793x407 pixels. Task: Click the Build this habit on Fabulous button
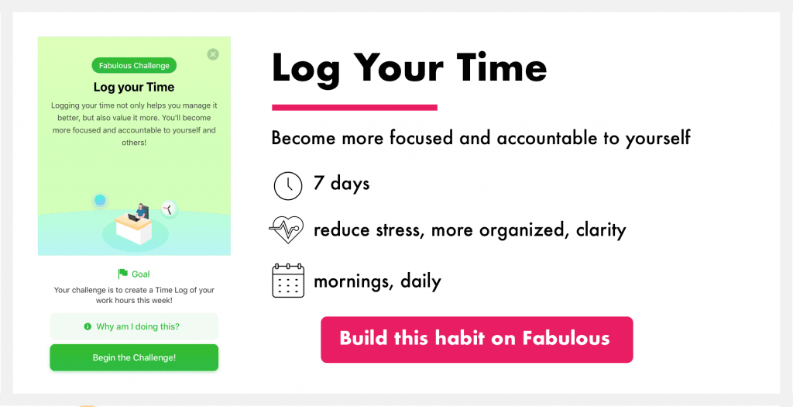click(476, 340)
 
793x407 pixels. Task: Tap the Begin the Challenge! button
click(134, 357)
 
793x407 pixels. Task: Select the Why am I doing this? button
click(134, 326)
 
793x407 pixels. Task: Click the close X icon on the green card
click(213, 54)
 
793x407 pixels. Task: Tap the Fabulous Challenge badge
click(134, 66)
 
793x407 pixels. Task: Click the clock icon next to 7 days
click(288, 185)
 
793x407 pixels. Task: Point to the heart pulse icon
click(287, 229)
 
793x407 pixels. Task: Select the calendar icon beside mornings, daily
click(288, 280)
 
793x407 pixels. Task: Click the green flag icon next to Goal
click(123, 274)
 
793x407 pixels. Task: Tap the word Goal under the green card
click(141, 274)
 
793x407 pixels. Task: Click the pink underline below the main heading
click(355, 107)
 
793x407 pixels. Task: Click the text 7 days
click(342, 183)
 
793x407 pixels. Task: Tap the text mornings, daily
click(377, 281)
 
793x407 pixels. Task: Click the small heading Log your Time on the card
click(134, 87)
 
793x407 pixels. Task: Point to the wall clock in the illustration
click(169, 209)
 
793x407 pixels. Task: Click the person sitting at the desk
click(140, 211)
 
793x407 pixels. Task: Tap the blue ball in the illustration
click(100, 201)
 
